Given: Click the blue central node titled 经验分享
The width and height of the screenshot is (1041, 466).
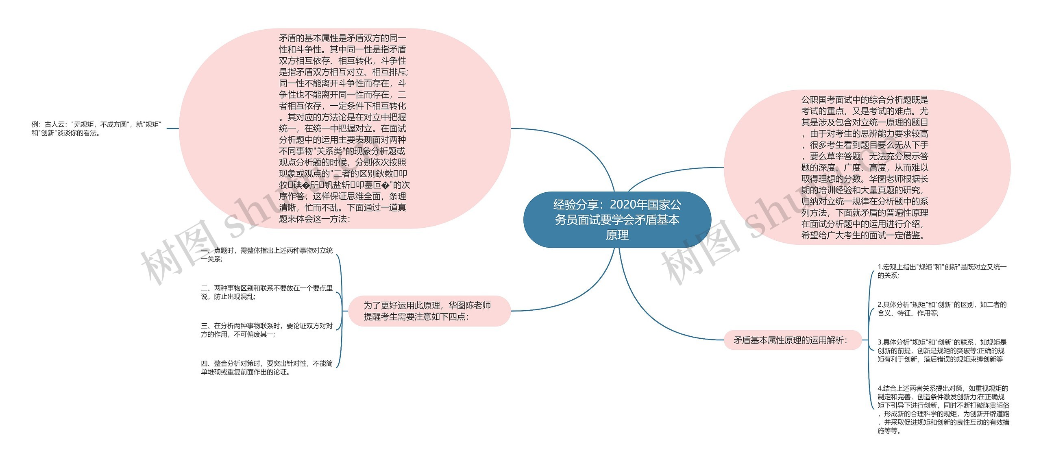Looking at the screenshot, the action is [x=617, y=220].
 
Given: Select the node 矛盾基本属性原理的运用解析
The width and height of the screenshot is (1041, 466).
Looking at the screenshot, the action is [x=792, y=340].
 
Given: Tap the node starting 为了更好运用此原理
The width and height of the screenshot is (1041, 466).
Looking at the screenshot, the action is [x=428, y=311].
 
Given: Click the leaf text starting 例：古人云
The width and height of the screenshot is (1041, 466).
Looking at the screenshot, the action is [x=96, y=128].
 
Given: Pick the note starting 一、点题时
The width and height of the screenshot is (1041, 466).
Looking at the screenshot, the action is [x=266, y=255].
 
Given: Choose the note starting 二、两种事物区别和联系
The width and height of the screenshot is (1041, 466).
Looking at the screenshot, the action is [x=266, y=292].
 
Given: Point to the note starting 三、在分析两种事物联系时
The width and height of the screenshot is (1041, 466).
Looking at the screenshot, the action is [x=266, y=330].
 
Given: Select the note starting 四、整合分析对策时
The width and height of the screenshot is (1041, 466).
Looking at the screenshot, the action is [x=266, y=368].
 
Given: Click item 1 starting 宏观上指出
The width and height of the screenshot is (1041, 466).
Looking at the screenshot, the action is [x=942, y=271].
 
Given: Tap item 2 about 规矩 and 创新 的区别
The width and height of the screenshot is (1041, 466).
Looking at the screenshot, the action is [x=942, y=309].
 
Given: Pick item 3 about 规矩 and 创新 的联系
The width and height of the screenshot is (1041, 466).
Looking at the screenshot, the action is [x=942, y=351].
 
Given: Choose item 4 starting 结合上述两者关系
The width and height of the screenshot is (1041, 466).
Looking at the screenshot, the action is [x=943, y=409].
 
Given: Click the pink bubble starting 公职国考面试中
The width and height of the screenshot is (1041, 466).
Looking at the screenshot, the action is [x=866, y=167].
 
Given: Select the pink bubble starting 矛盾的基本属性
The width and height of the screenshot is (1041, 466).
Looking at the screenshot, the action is [x=344, y=128].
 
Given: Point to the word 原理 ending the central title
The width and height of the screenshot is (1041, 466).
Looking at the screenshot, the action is [x=617, y=235].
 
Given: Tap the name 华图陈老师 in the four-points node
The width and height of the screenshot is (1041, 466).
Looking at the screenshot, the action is [x=469, y=305].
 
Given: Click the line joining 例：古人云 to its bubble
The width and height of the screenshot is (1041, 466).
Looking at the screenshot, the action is [x=172, y=128].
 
